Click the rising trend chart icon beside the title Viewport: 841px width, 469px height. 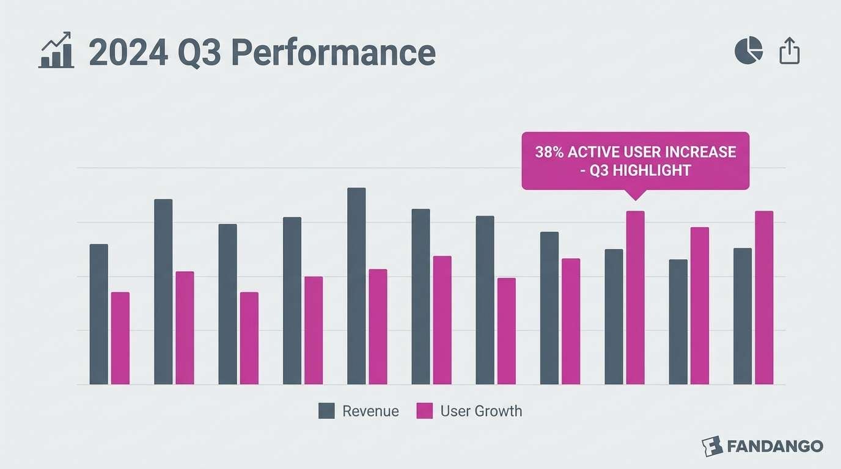tap(56, 51)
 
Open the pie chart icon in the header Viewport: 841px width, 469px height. tap(749, 51)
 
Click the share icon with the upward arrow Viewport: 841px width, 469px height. tap(790, 51)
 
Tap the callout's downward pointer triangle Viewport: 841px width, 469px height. tap(635, 195)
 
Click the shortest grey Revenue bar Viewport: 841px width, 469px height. tap(678, 322)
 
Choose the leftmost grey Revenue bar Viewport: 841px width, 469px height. tap(98, 314)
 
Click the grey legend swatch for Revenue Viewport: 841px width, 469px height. tap(327, 411)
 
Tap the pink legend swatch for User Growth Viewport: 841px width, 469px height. tap(424, 411)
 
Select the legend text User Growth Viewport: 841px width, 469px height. tap(481, 411)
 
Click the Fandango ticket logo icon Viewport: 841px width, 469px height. tap(712, 446)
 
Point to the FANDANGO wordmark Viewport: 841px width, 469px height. tap(775, 446)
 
